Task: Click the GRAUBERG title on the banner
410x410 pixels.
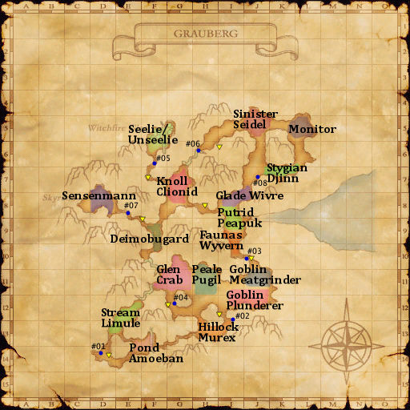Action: coord(204,34)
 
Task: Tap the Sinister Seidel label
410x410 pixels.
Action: coord(255,119)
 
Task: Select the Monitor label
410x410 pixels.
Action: coord(312,129)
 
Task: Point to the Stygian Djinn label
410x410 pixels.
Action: coord(287,174)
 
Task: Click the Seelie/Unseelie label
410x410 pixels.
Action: coord(152,135)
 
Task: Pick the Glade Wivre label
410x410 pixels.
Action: coord(249,195)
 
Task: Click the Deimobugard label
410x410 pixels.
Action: coord(149,239)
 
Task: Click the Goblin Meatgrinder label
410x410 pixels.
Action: coord(264,275)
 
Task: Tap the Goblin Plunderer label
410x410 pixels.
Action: coord(255,299)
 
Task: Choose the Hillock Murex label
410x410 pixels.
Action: coord(218,332)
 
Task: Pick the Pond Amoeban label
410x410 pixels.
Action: coord(156,353)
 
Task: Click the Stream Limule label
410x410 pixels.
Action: coord(120,317)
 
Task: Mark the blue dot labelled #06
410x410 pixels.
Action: coord(199,151)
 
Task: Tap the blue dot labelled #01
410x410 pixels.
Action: coord(94,352)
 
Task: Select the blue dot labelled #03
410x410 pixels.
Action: coord(247,258)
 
